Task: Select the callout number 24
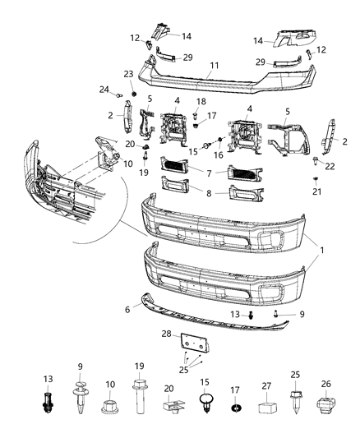(x=104, y=89)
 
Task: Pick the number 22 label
(x=330, y=167)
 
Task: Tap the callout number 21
(x=316, y=191)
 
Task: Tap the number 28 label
(x=166, y=334)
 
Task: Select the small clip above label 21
(x=316, y=178)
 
